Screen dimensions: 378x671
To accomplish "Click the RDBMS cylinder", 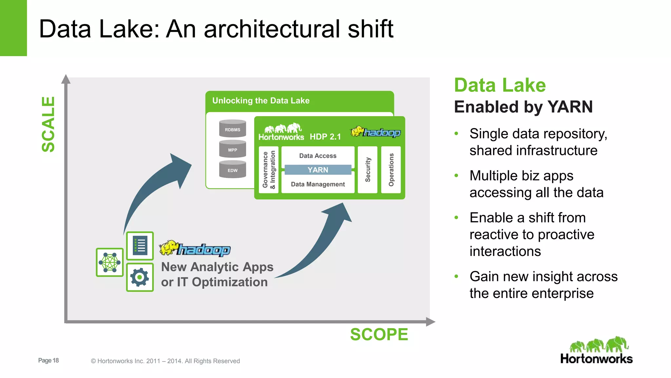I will (x=232, y=129).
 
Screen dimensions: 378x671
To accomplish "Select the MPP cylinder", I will (x=232, y=149).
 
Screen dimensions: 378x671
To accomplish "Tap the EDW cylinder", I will (x=232, y=170).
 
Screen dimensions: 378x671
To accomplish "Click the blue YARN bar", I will (x=317, y=170).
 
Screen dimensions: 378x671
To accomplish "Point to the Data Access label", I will (x=317, y=156).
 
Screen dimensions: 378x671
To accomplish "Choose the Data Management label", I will (x=317, y=184).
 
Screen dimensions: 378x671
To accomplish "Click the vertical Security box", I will (x=368, y=170).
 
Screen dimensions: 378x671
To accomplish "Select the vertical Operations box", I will (x=391, y=170).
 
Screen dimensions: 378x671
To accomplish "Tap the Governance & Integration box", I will (x=269, y=170).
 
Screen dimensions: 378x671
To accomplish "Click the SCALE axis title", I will (x=48, y=124).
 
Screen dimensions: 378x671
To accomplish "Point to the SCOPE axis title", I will (x=379, y=334).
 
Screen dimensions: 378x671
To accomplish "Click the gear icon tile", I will (x=140, y=277).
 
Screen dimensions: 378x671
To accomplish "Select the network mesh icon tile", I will (x=110, y=262).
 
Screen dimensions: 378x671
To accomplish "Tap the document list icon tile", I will (x=140, y=246).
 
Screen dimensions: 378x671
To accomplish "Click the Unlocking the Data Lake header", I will (x=261, y=101).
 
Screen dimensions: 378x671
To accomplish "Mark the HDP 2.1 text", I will (x=325, y=137).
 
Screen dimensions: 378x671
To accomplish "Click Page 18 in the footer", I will (x=48, y=360).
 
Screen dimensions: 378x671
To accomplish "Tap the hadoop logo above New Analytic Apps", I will (x=195, y=249).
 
